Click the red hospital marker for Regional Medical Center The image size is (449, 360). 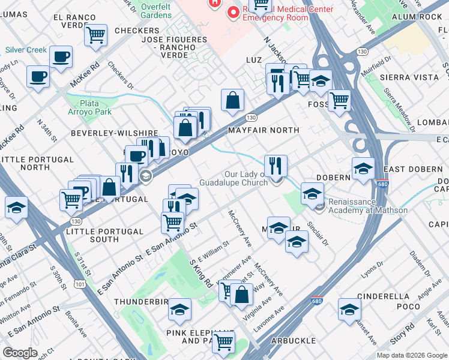point(214,2)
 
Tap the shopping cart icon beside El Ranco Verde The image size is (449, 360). point(95,35)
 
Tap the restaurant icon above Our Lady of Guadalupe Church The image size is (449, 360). point(276,164)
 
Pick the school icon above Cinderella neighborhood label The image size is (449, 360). point(349,310)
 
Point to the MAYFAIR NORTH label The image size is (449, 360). point(263,130)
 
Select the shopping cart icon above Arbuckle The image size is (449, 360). point(224,341)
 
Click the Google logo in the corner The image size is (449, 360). point(20,352)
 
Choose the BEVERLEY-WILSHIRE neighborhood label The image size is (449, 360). point(114,133)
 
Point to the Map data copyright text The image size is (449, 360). point(411,355)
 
